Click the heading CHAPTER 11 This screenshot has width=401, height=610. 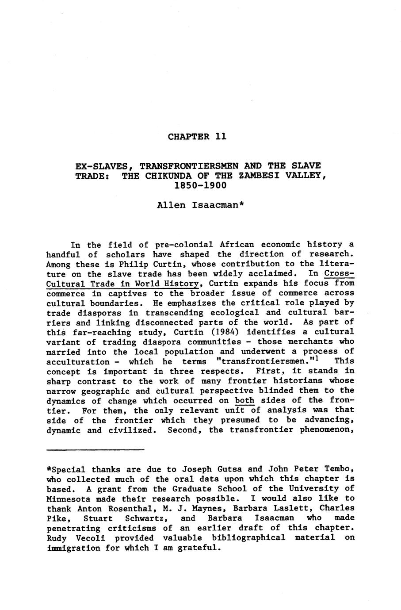[x=197, y=137]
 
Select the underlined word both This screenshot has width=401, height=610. [x=244, y=401]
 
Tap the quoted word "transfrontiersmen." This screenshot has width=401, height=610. [x=265, y=362]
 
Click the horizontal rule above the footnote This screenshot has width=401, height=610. [x=95, y=450]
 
